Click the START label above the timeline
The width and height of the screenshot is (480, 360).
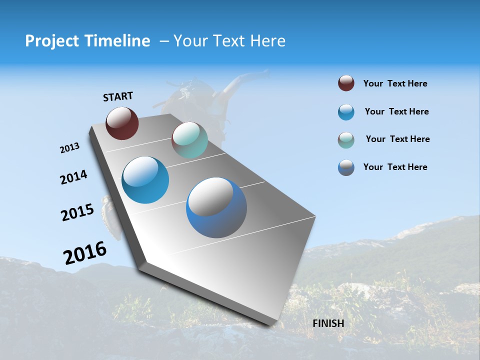118,96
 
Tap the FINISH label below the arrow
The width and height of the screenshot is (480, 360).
328,323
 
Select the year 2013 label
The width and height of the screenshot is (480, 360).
69,148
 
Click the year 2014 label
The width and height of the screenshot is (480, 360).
73,177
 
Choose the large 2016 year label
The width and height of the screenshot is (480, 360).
85,253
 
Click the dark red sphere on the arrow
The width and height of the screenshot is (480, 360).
122,123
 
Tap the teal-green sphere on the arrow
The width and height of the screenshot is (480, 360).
189,140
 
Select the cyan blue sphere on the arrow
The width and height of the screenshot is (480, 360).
145,180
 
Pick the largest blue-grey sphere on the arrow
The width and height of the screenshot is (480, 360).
216,207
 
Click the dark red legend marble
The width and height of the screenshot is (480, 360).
346,83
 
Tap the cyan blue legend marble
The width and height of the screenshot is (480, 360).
346,112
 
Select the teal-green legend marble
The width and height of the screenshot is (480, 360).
346,140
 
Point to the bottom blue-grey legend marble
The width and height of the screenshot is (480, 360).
346,167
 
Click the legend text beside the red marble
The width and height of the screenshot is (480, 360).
395,83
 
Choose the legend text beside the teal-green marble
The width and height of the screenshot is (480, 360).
397,139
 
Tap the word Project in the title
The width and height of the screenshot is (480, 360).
51,41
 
